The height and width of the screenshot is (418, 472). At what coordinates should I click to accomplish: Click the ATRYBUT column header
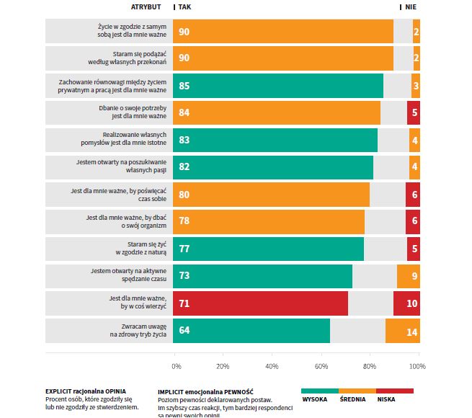click(147, 6)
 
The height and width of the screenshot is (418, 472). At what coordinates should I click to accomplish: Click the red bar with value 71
click(261, 303)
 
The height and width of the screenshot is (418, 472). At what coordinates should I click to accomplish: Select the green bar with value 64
click(252, 331)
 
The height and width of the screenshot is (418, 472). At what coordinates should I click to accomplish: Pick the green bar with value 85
click(279, 86)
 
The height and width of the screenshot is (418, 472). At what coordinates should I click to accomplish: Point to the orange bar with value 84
click(277, 112)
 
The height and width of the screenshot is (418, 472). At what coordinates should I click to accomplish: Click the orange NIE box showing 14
click(403, 331)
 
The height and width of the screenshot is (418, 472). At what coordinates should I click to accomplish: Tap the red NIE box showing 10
click(407, 303)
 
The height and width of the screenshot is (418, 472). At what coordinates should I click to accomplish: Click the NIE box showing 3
click(416, 86)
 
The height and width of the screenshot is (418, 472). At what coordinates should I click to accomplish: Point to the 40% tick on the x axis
click(272, 366)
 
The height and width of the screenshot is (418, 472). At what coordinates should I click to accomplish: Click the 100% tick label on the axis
click(417, 366)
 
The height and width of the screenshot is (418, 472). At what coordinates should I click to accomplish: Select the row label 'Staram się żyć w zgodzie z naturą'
click(141, 249)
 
